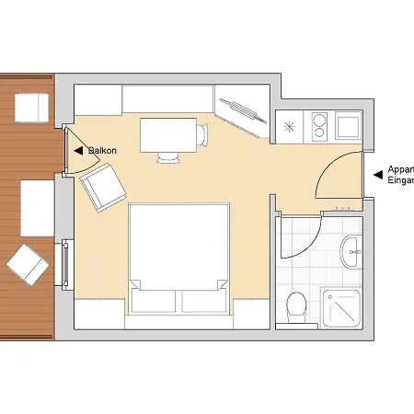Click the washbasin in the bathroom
352,250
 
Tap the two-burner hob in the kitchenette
319,122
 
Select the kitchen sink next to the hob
351,123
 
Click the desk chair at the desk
169,155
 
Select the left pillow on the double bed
154,300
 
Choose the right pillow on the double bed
204,300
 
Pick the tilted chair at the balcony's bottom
28,266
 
